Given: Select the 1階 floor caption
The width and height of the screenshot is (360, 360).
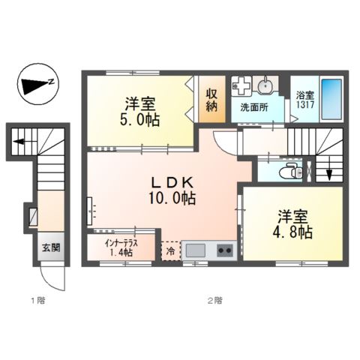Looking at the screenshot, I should [x=37, y=301].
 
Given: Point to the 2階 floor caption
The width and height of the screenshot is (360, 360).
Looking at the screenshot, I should [x=214, y=301].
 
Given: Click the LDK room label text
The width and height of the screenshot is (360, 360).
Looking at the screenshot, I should [x=176, y=183].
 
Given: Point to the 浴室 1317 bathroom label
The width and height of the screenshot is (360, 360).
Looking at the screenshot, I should [x=303, y=100].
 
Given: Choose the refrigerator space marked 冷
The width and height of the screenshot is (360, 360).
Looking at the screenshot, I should [x=170, y=250].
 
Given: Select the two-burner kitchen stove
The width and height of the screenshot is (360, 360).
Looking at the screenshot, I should [x=224, y=250].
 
